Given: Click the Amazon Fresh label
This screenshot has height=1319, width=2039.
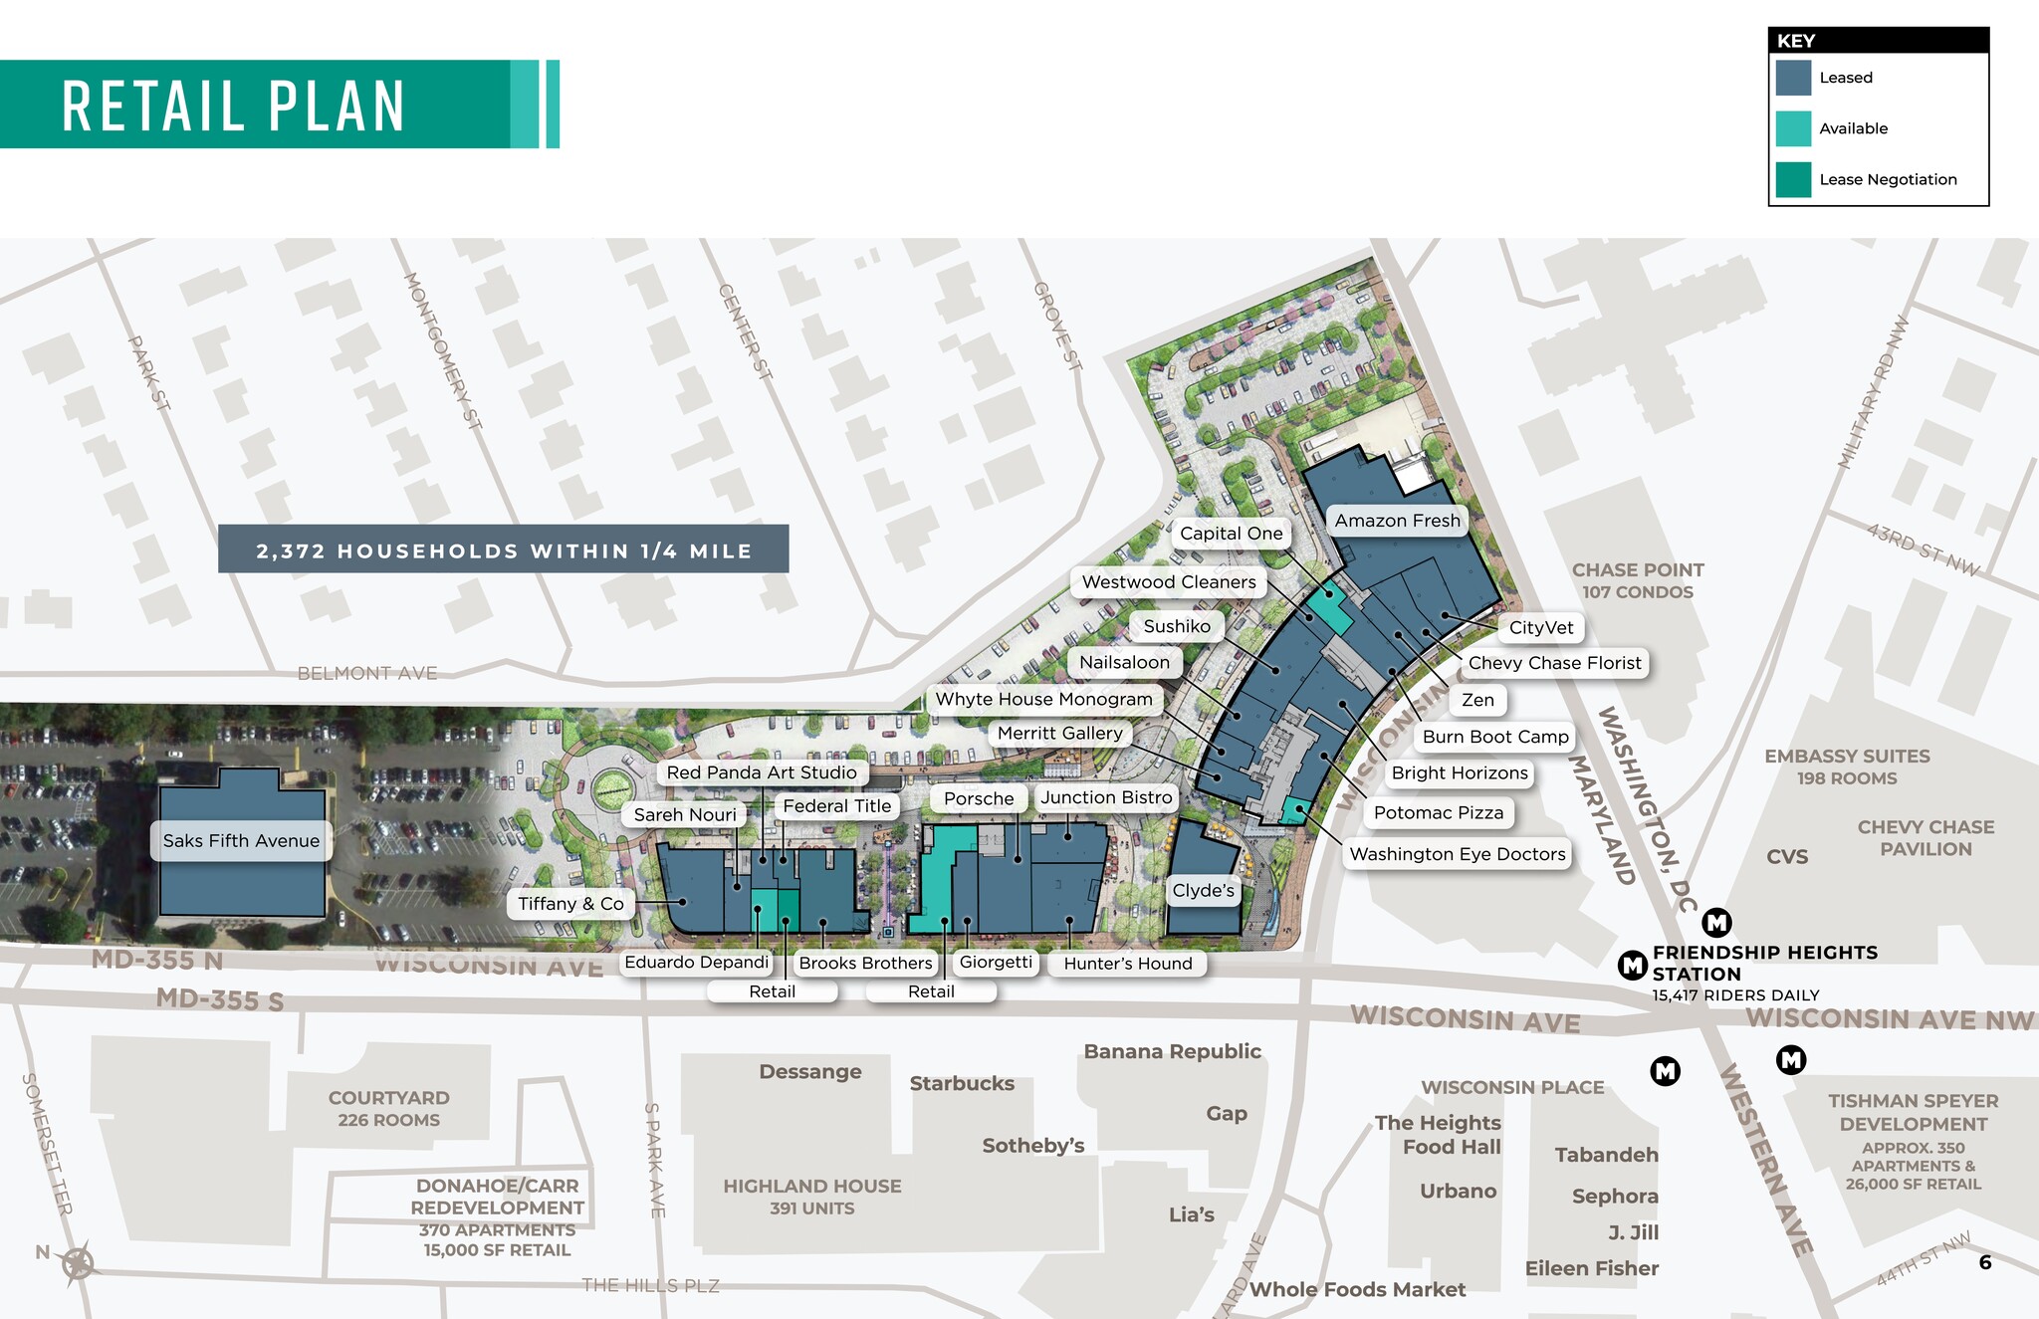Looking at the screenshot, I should (1397, 521).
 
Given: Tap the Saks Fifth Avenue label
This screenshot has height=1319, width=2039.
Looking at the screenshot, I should (241, 841).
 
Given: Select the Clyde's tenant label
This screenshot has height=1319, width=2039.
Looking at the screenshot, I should (1203, 890).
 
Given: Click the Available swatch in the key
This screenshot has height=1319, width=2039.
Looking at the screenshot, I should (1792, 128).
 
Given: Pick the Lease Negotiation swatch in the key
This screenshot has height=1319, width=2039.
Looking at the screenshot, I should (1792, 180).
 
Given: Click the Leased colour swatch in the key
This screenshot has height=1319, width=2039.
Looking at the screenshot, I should (1792, 78).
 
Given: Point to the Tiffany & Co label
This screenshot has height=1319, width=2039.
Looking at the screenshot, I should (570, 904).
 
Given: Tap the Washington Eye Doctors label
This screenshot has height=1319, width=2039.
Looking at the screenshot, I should (1457, 854).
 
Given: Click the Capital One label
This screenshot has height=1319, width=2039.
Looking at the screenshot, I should (1231, 534).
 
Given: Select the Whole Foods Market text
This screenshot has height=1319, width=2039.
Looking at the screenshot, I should (1357, 1290).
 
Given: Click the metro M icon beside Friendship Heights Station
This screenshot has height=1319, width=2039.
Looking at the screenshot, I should (1632, 965).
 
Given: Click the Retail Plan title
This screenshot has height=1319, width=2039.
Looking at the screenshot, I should (233, 106).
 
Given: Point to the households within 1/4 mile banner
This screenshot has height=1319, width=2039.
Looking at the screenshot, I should (503, 550).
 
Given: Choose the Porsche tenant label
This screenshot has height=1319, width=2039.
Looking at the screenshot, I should (979, 798).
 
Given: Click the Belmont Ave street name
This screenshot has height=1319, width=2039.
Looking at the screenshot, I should (367, 674).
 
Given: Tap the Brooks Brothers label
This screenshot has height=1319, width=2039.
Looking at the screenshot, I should (865, 963).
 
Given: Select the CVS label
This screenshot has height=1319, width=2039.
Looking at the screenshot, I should (1787, 857).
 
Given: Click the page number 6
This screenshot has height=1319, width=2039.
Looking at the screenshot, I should (1984, 1263).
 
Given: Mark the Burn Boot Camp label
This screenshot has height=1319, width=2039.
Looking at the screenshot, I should (1494, 737).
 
